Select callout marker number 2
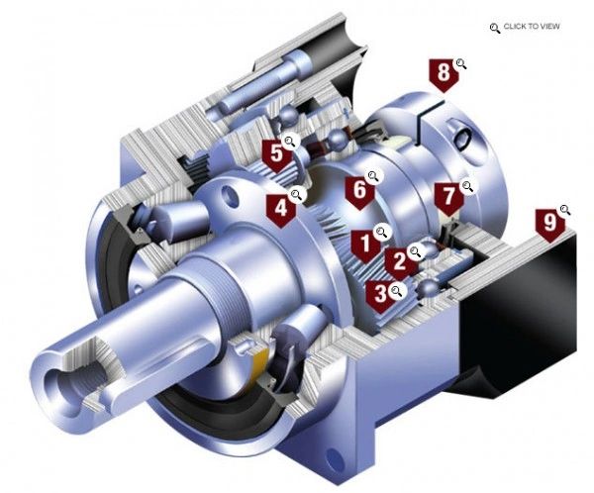pos(398,261)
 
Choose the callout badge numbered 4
pos(281,208)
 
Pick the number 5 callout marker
pos(274,153)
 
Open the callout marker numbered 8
pos(442,73)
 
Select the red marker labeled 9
pos(546,222)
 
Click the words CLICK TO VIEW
pos(532,27)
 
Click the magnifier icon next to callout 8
pos(460,64)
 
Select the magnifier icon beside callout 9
pos(565,210)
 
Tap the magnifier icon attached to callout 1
pos(381,232)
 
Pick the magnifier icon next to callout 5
pos(290,142)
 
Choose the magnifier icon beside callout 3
pos(396,290)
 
